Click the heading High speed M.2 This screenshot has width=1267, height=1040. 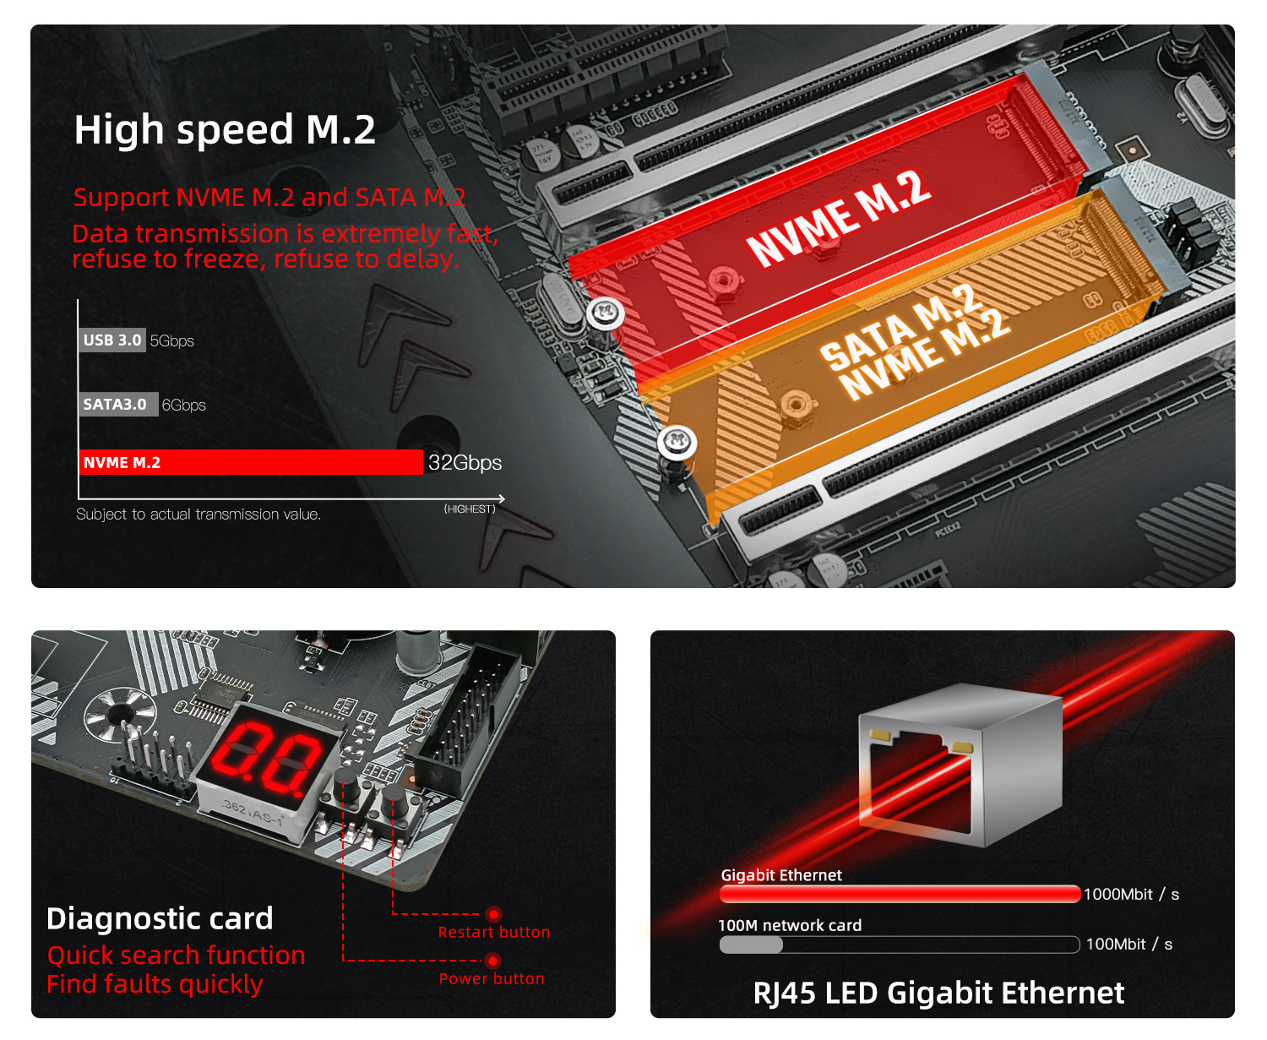pos(225,130)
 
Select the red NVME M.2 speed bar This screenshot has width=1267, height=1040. pos(251,462)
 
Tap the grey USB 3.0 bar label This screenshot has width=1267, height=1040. pos(111,340)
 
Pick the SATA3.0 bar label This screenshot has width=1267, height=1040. pos(118,405)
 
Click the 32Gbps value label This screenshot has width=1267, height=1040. pos(465,463)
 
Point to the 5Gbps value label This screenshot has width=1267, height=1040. pos(171,340)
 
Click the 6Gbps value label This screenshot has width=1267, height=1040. pos(184,405)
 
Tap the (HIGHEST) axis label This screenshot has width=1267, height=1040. pos(469,509)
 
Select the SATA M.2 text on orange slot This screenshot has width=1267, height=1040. pos(901,325)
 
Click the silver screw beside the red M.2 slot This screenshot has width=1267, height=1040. pos(605,313)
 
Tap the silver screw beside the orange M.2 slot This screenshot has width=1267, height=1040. pos(677,443)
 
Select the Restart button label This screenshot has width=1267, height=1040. pos(494,932)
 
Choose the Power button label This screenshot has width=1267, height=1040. pos(492,978)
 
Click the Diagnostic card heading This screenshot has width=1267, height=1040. pos(160,918)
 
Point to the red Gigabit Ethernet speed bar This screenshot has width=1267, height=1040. pos(900,894)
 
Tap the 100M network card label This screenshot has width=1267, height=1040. pos(790,925)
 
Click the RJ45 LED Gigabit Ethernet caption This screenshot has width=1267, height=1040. pos(938,994)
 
